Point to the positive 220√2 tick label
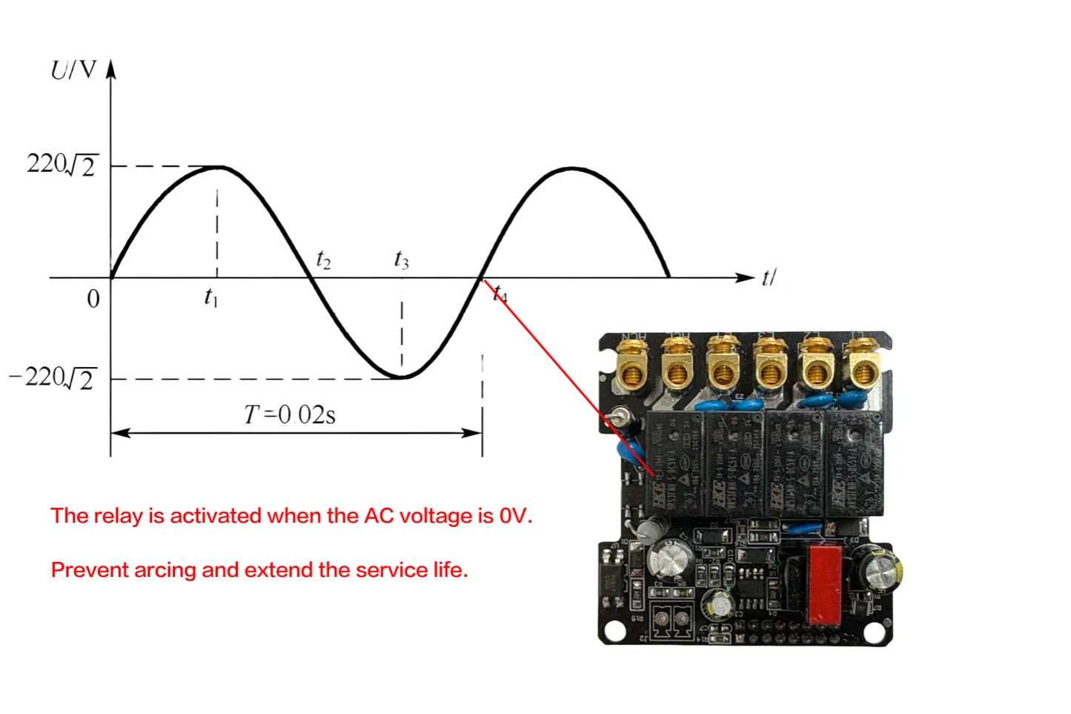(x=62, y=165)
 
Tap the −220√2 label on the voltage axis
(x=52, y=378)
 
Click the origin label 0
(x=93, y=299)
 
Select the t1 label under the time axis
(x=211, y=298)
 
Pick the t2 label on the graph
(x=323, y=260)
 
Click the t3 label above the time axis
(x=401, y=260)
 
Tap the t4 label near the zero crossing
(x=501, y=294)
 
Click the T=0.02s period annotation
(x=290, y=414)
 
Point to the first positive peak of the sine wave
(x=219, y=168)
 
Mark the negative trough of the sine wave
(x=401, y=377)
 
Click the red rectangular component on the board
(x=825, y=584)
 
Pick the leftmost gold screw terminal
(x=632, y=367)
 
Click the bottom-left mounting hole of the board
(x=614, y=631)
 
